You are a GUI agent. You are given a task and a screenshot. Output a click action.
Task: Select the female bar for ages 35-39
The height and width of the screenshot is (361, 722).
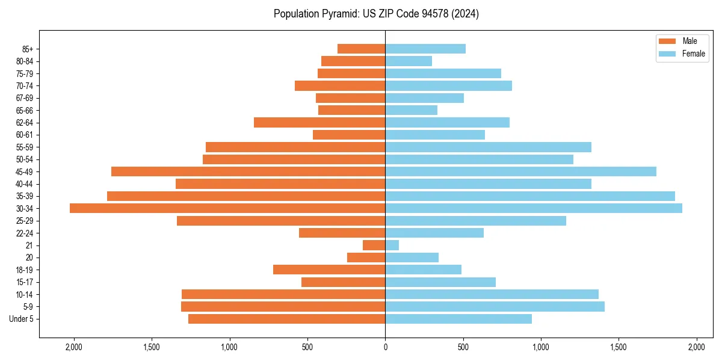click(529, 196)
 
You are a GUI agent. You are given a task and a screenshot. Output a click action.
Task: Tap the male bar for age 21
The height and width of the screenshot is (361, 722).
click(374, 245)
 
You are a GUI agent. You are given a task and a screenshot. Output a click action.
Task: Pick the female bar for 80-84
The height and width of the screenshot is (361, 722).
click(409, 61)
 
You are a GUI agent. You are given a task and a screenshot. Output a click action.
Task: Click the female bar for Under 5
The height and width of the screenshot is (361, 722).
click(458, 319)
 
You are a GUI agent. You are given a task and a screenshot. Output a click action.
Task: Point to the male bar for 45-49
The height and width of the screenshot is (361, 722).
click(248, 171)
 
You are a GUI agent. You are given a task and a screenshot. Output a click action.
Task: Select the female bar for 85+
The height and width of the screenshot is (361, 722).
click(425, 49)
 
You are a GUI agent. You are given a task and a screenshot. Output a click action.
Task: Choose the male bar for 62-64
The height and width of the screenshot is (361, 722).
click(319, 122)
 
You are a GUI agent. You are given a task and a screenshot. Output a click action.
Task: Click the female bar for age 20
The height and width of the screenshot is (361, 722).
click(412, 258)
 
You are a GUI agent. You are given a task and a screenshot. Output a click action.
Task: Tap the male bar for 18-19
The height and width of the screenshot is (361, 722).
click(329, 270)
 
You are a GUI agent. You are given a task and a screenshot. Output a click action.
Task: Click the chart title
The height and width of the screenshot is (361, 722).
click(376, 14)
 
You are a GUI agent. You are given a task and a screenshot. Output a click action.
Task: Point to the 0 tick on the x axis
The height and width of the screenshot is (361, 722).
click(385, 347)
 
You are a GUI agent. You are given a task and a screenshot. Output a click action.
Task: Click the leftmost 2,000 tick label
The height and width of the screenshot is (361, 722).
click(74, 347)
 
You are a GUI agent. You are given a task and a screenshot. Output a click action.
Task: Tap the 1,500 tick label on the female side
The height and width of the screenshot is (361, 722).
click(619, 347)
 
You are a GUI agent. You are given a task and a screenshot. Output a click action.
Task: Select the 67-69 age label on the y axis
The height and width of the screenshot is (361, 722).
click(25, 98)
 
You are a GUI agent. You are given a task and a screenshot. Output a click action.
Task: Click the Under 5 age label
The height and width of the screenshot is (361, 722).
click(22, 319)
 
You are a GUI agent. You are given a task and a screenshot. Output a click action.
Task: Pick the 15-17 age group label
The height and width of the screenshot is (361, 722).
click(25, 282)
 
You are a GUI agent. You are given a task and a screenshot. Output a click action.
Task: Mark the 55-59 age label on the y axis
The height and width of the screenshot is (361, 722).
click(25, 147)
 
